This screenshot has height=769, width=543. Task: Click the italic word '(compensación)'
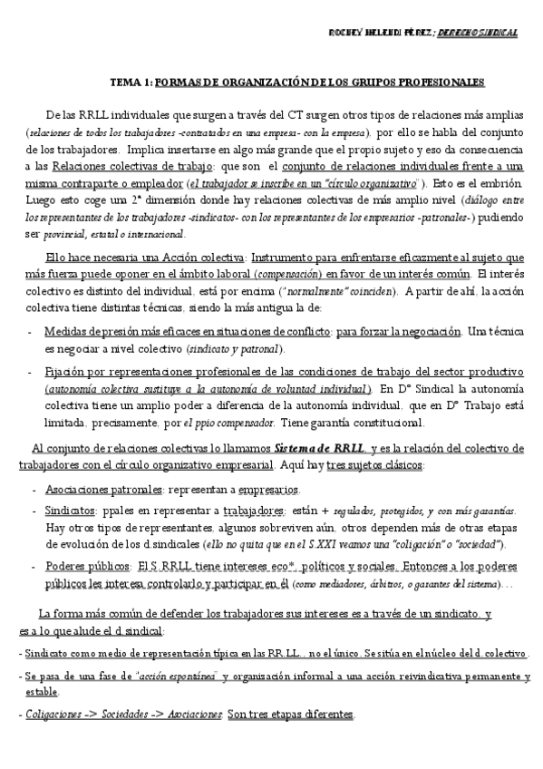[286, 274]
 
